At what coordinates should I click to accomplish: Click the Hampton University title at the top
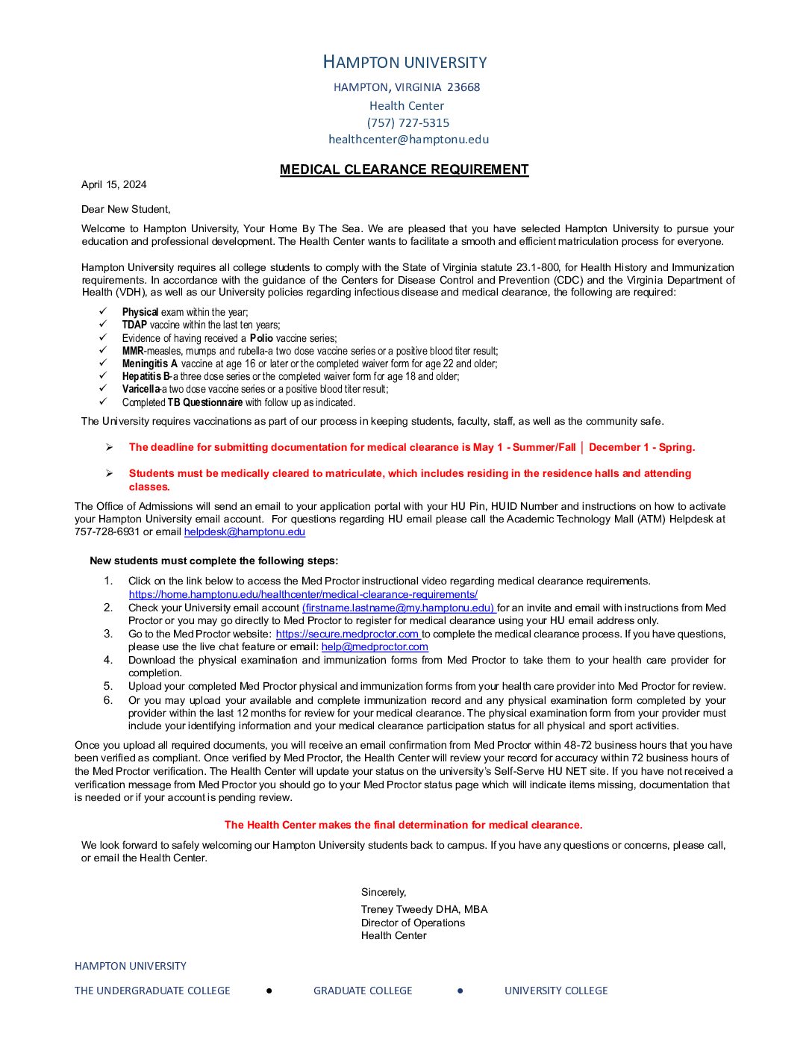click(x=405, y=62)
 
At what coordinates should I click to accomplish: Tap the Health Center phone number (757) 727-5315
click(x=407, y=122)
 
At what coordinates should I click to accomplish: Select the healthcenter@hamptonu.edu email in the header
click(x=408, y=139)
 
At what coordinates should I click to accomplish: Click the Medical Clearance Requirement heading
click(x=404, y=169)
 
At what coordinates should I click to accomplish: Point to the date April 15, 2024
click(x=113, y=184)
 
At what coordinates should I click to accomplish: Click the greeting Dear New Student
click(x=125, y=209)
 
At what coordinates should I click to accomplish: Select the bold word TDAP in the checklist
click(x=134, y=325)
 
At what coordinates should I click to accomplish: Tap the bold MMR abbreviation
click(x=132, y=351)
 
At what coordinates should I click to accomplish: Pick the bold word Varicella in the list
click(x=141, y=389)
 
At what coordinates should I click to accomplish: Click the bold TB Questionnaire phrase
click(x=204, y=402)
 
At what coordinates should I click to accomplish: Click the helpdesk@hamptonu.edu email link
click(x=244, y=531)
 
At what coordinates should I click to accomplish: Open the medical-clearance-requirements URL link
click(x=303, y=594)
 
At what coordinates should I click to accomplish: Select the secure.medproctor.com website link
click(x=347, y=634)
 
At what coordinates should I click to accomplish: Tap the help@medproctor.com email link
click(x=375, y=646)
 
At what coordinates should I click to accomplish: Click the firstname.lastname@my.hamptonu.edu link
click(x=399, y=608)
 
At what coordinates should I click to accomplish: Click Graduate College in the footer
click(x=363, y=991)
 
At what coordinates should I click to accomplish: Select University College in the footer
click(x=556, y=991)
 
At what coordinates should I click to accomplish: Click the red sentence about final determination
click(x=403, y=825)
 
